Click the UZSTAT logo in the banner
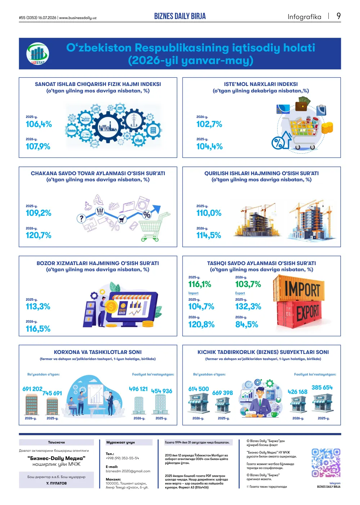pos(37,54)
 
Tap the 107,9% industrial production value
pos(38,146)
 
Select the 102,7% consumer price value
pos(209,124)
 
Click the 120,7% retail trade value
pos(39,235)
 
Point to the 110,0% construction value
pos(209,213)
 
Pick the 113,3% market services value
pos(38,306)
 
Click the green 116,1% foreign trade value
pos(200,284)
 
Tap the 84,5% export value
pos(247,325)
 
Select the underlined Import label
pos(193,293)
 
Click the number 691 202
pos(32,389)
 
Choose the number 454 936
pos(162,391)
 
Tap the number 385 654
pos(322,387)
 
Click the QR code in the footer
pos(326,463)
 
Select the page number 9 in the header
pos(338,16)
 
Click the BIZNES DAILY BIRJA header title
pos(180,16)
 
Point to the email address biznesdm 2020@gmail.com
pos(128,471)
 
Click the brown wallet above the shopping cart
pos(302,106)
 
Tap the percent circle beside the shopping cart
pos(278,143)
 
